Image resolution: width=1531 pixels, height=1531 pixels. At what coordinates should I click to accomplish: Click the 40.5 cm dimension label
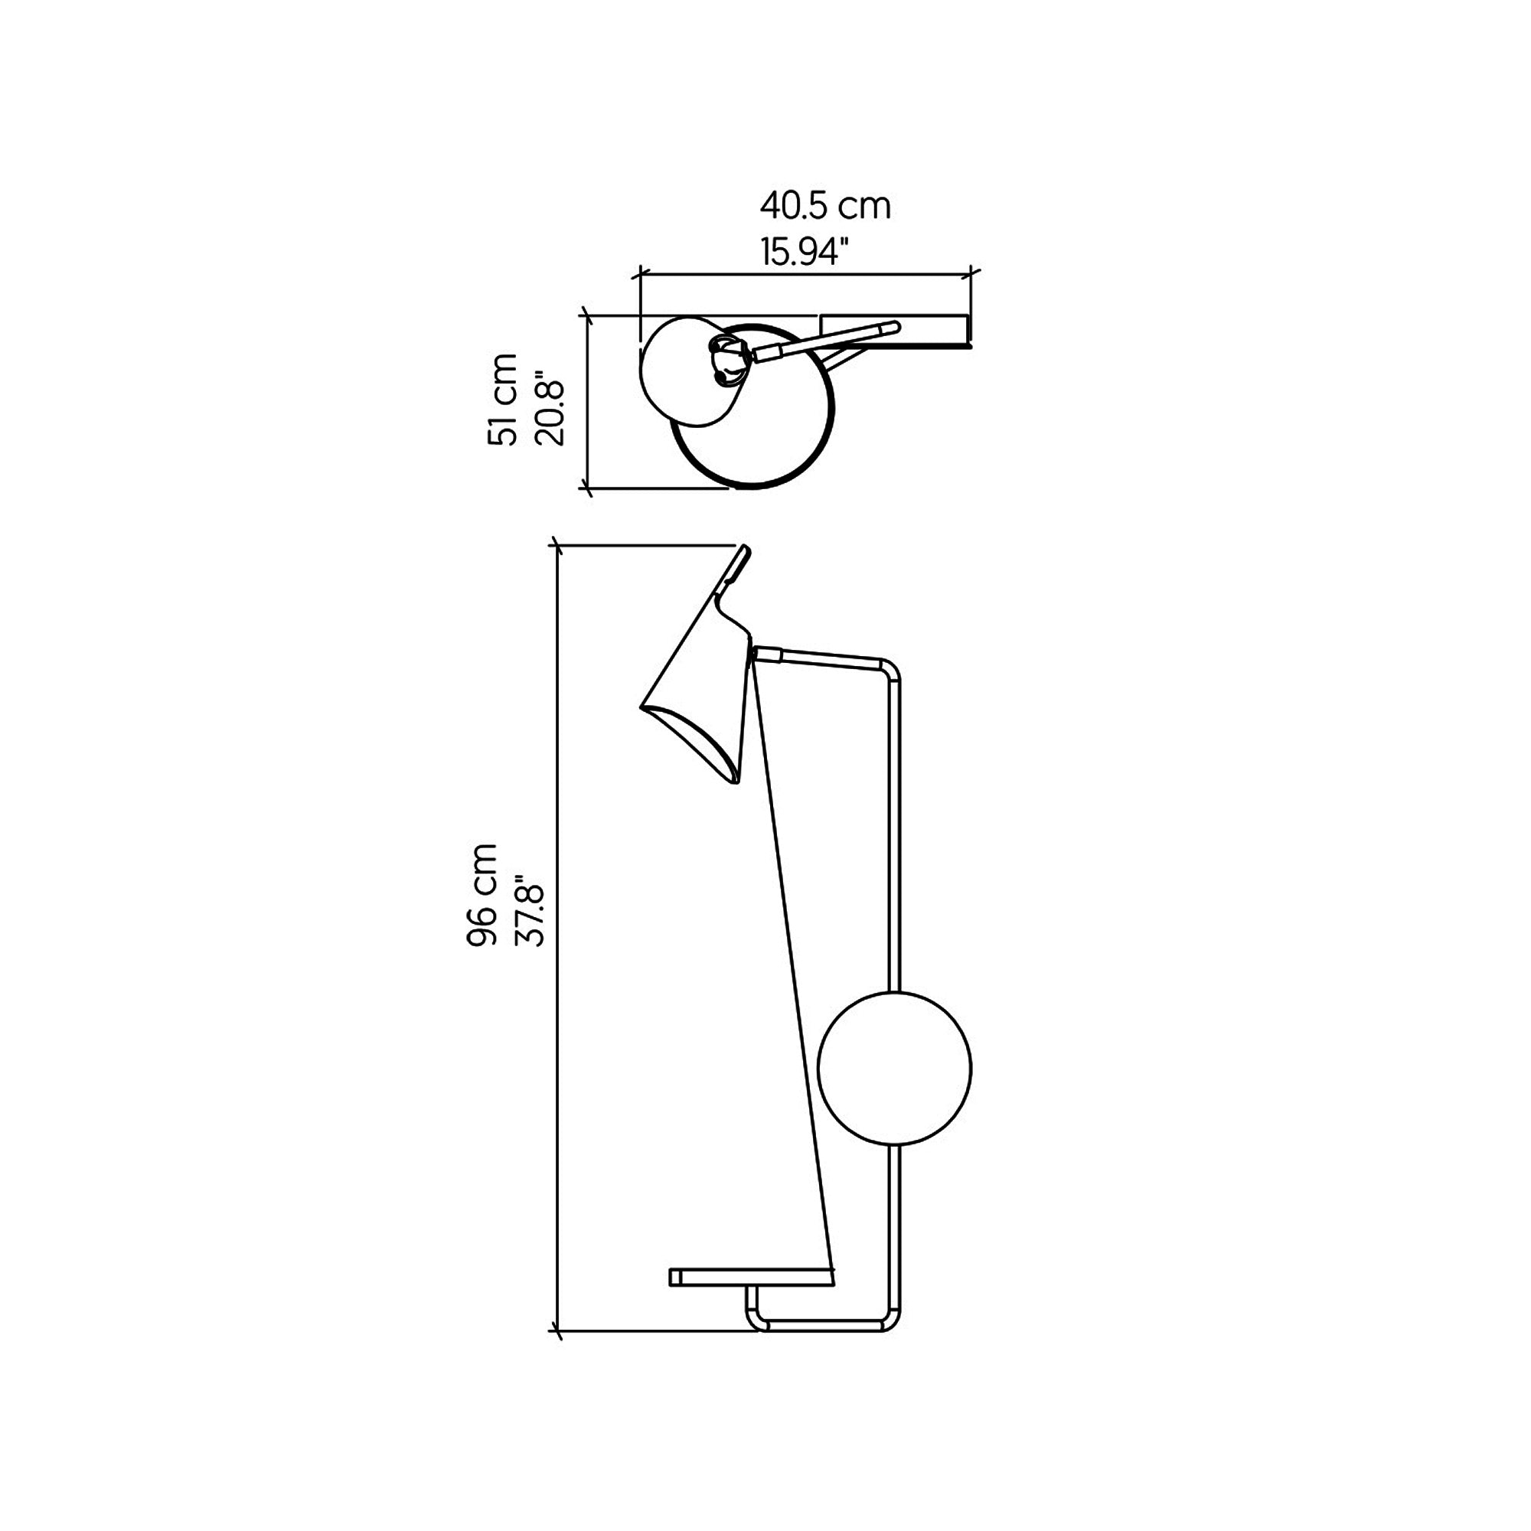tap(825, 206)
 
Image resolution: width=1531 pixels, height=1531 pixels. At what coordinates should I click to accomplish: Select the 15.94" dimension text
tap(805, 251)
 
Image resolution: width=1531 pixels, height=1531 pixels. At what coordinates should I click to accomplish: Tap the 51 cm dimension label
tap(503, 400)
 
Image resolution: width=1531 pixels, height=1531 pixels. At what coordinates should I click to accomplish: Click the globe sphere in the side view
tap(895, 1068)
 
